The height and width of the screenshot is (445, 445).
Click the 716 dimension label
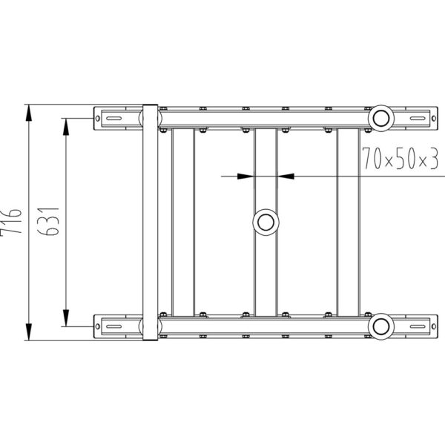10,221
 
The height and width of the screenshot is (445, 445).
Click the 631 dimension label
48,221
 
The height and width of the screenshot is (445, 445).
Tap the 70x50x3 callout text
400,159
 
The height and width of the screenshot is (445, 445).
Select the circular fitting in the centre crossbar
266,222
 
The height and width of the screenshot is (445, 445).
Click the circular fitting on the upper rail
381,119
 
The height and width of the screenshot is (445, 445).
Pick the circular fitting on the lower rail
381,326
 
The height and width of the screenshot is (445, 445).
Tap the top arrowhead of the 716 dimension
29,113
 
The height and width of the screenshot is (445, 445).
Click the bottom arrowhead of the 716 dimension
29,332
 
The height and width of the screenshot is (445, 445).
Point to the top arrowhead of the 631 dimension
66,127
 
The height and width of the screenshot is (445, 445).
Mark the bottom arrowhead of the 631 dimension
66,318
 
